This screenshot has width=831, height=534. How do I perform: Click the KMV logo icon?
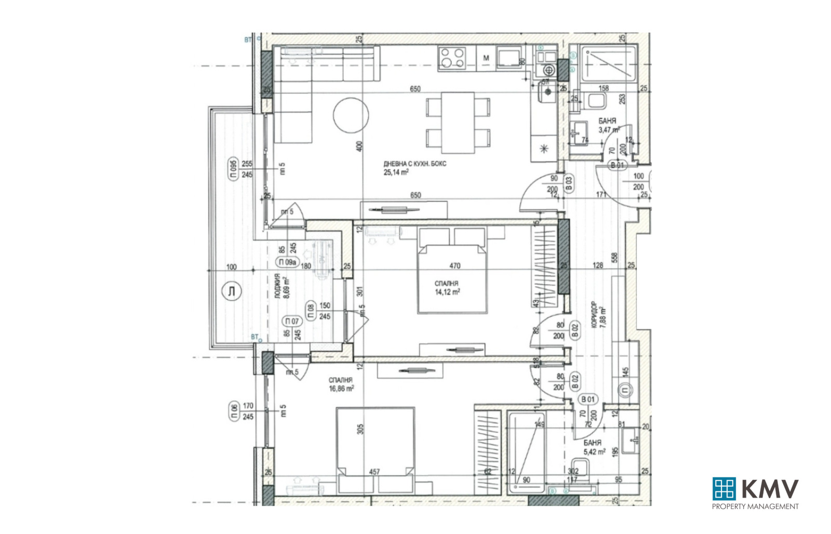click(x=724, y=488)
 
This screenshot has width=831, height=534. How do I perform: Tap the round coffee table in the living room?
click(x=351, y=115)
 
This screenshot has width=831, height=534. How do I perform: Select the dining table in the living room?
click(x=458, y=123)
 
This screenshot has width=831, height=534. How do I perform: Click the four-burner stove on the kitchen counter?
click(x=451, y=58)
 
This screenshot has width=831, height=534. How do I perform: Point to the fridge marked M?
click(x=486, y=58)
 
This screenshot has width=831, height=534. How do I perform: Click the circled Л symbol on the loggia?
click(x=231, y=291)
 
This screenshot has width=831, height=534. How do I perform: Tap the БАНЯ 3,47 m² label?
click(x=608, y=125)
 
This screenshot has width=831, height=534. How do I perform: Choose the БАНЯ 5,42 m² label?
click(x=594, y=447)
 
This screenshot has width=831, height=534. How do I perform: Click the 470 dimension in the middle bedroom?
click(x=454, y=265)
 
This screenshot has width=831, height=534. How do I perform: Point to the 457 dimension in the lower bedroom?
click(x=374, y=472)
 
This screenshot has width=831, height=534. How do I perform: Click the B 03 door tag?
click(x=568, y=183)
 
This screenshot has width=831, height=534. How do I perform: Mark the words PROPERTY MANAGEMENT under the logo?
click(x=755, y=506)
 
